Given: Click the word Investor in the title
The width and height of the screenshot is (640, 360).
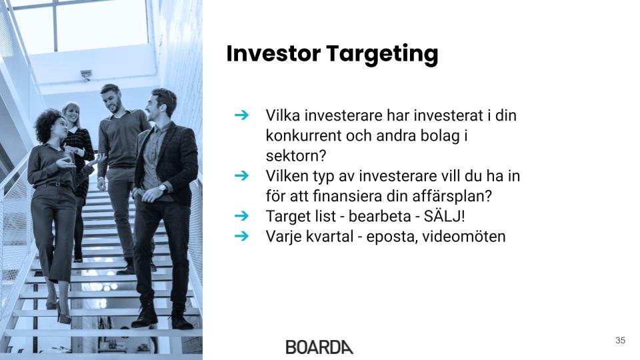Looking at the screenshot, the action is point(273,53).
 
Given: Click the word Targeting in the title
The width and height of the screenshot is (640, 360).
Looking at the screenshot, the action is point(382,55).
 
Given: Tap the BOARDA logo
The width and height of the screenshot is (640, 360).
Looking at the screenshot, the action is point(319,347).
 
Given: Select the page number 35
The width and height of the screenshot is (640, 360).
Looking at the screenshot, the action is point(620,340).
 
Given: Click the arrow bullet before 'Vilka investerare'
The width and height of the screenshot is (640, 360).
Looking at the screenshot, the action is point(241,115).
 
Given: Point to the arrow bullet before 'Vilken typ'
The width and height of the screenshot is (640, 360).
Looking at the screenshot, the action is point(241,175).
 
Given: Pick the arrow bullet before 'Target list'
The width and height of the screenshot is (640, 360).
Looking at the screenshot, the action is point(241,215).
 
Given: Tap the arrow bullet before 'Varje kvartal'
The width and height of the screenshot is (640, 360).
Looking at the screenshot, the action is point(241,235).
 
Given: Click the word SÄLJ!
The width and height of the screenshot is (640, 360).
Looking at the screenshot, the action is point(444,215).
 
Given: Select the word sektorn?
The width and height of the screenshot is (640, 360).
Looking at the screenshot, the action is point(296,155).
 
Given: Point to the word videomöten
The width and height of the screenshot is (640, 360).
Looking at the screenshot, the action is point(464,236).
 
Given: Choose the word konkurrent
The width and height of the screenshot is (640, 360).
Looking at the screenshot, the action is point(303,135).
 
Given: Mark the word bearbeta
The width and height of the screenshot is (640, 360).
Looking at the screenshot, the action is point(379,216).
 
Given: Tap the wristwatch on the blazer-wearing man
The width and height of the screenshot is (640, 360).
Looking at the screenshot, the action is point(163,188).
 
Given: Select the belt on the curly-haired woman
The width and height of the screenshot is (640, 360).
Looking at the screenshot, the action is point(53,185).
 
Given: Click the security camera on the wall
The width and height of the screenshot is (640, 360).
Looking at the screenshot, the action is point(86,75).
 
